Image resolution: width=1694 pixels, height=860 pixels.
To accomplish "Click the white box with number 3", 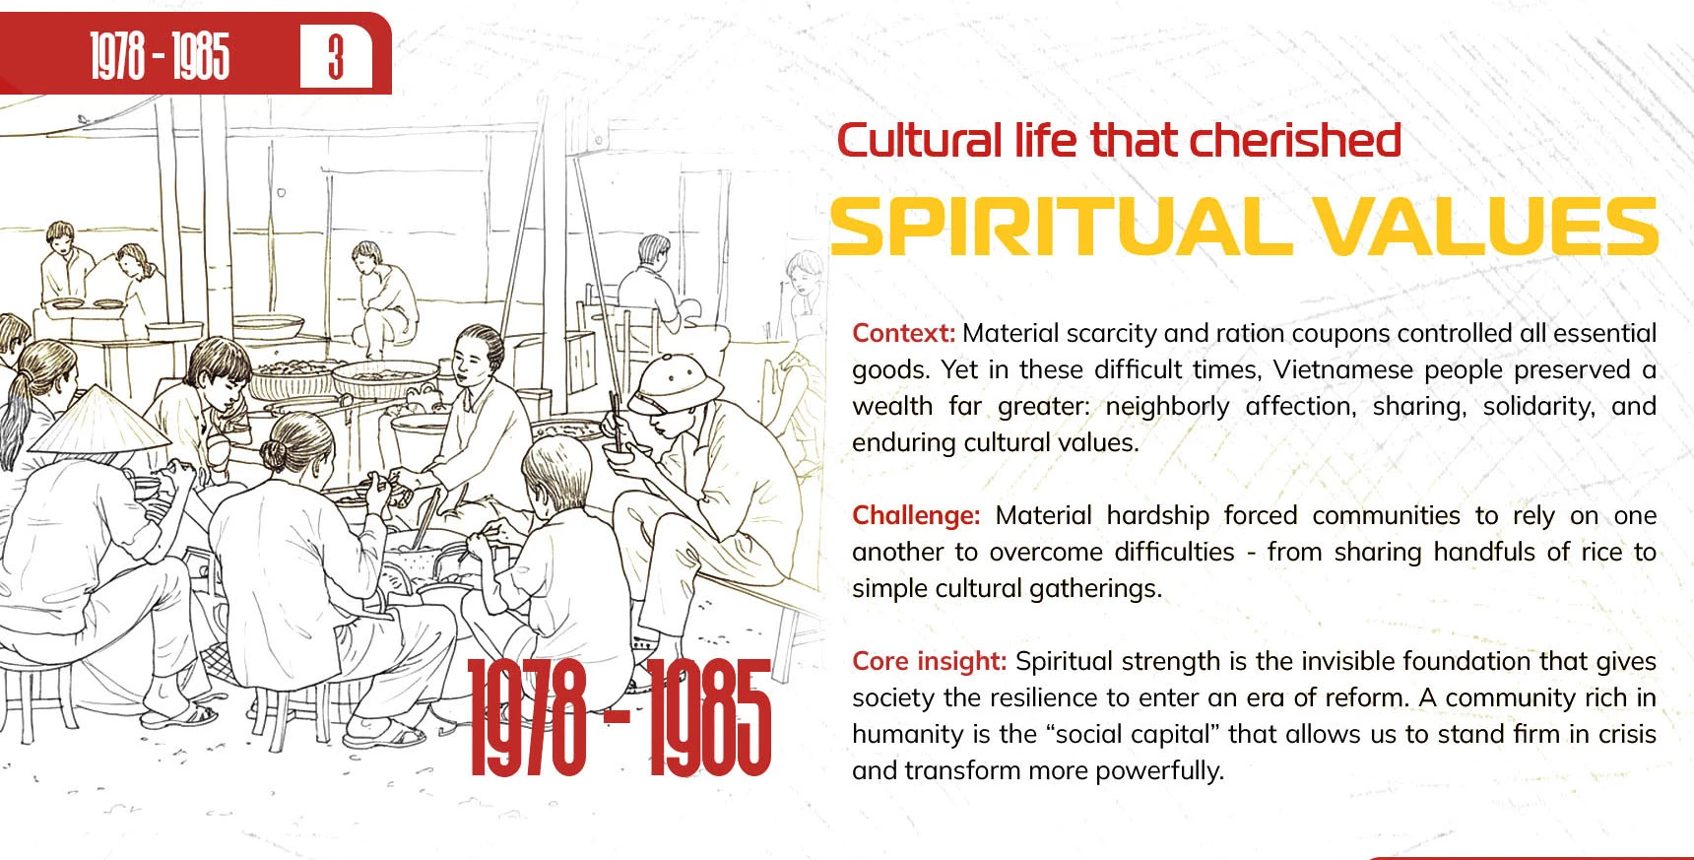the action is (336, 57).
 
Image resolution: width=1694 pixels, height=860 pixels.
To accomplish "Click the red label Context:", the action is (903, 333).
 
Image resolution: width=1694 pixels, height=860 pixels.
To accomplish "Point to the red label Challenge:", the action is (916, 516).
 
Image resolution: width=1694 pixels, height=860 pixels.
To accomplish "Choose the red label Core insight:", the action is (929, 662).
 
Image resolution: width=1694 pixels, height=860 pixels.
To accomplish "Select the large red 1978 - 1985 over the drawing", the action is (619, 717).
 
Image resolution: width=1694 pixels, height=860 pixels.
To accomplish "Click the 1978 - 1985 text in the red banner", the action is (161, 56).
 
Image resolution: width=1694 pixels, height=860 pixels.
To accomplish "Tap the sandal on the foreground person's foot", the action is (385, 733).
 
